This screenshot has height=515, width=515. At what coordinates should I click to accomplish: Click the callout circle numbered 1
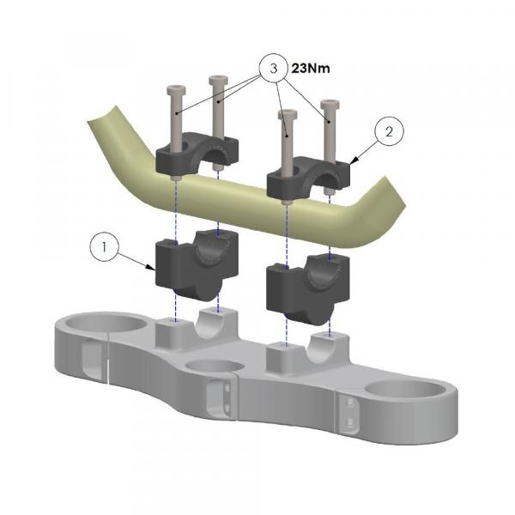[104, 246]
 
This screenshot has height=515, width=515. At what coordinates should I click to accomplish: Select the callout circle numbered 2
[389, 132]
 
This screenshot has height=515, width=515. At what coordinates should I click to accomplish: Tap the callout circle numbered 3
[273, 68]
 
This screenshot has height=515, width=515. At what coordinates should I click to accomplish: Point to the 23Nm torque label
[311, 69]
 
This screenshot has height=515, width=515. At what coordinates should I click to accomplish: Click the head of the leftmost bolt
[176, 89]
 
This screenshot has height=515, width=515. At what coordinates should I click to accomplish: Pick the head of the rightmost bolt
[330, 104]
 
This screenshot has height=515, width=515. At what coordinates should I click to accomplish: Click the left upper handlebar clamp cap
[197, 153]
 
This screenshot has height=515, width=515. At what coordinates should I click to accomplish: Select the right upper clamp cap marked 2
[309, 176]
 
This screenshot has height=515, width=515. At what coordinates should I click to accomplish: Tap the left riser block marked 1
[197, 264]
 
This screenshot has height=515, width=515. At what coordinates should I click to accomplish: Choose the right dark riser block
[308, 288]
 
